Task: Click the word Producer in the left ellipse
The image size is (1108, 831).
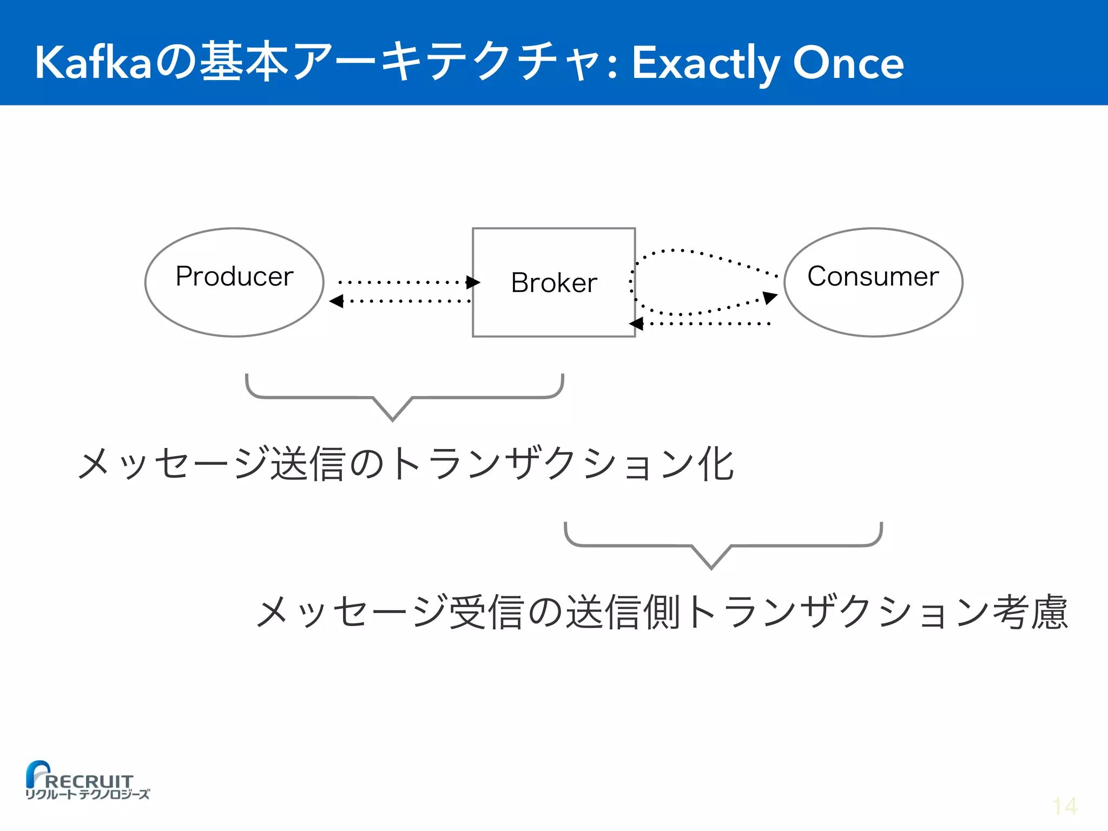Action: (234, 276)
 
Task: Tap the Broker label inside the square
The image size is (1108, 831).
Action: (554, 283)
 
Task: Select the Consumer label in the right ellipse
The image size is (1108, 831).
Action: (873, 276)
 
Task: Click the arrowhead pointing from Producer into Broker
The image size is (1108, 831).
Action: (473, 282)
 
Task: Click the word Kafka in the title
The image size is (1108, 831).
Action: (93, 63)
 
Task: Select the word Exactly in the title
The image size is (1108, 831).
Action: (705, 64)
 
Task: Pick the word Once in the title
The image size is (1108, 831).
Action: (848, 63)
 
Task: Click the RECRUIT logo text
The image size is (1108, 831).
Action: (89, 781)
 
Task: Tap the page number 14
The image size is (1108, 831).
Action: (1064, 807)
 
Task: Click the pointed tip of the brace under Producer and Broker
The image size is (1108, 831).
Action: (393, 419)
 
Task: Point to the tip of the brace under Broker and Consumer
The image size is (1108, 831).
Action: (711, 568)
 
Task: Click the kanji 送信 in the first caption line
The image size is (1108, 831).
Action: (308, 464)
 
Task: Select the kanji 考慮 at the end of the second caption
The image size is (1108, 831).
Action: (1030, 612)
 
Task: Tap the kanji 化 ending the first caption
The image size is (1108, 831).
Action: (715, 464)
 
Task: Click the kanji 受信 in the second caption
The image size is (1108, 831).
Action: (486, 612)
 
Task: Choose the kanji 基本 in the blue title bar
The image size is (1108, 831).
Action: (244, 63)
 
